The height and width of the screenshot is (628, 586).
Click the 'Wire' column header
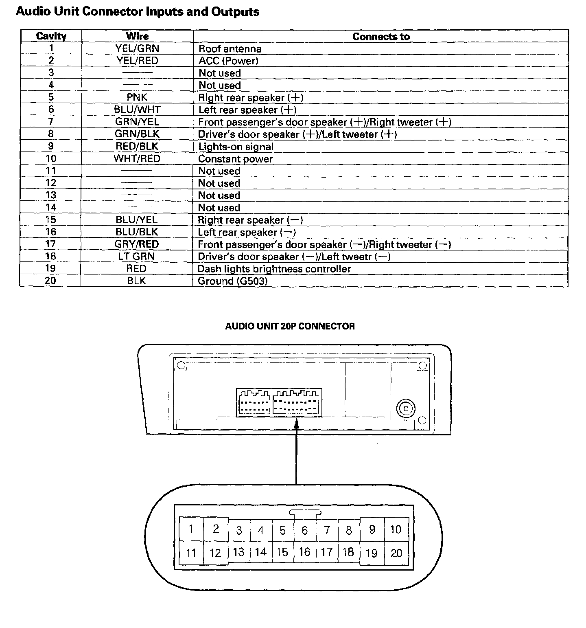(x=137, y=36)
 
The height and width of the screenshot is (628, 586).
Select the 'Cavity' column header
(x=51, y=36)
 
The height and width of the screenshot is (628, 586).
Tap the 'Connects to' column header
(x=381, y=37)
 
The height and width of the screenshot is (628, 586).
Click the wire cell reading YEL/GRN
(x=137, y=48)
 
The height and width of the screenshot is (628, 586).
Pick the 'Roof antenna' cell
(x=230, y=49)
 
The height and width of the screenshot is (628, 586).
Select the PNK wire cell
(x=137, y=97)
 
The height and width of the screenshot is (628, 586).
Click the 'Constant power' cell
(x=235, y=159)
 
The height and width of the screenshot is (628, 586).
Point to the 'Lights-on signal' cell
(x=236, y=147)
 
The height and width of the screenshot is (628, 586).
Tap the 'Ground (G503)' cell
(x=232, y=281)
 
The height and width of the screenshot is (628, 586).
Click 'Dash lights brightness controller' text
(x=274, y=269)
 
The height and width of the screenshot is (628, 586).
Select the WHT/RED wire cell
(x=137, y=158)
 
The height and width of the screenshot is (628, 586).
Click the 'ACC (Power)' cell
(x=228, y=61)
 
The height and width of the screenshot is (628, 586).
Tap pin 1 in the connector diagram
(x=191, y=529)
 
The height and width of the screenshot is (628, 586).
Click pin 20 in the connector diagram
(x=396, y=553)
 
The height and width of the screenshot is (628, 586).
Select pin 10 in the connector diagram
(x=396, y=529)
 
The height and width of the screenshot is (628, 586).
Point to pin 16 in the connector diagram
(x=304, y=552)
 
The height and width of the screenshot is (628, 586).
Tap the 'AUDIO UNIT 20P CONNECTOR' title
(x=290, y=326)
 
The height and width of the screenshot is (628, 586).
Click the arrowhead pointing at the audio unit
(x=297, y=424)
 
